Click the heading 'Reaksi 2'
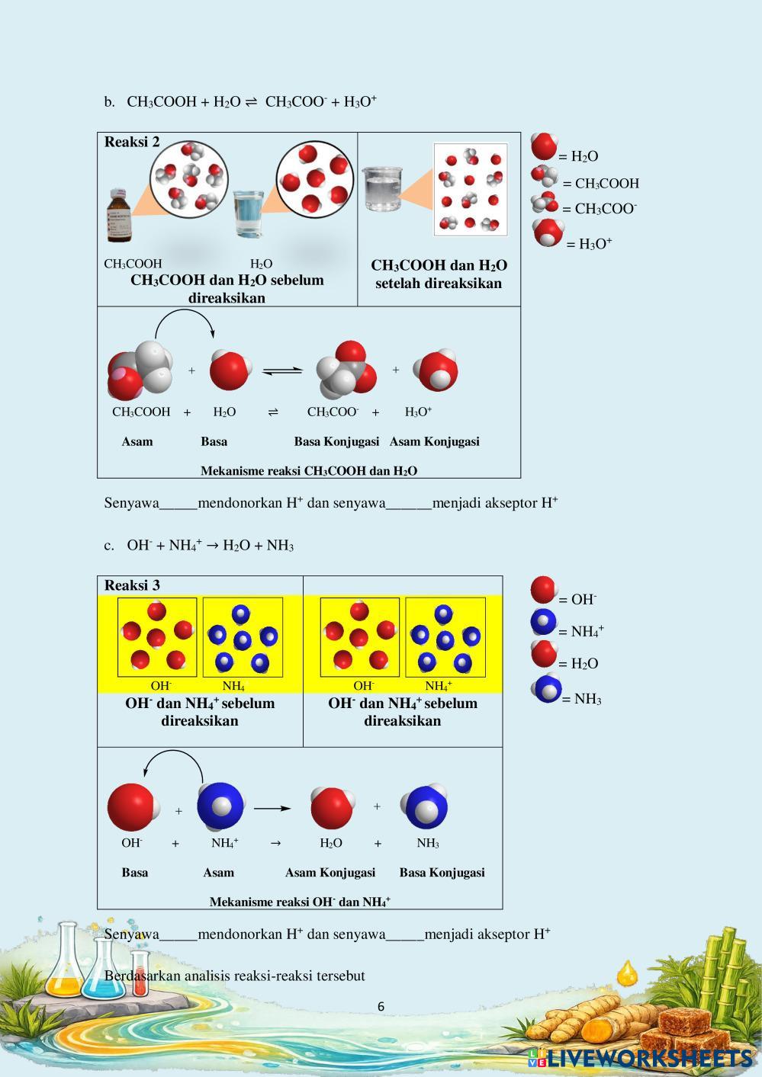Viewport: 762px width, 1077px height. pyautogui.click(x=132, y=142)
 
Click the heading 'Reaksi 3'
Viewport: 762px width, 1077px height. pyautogui.click(x=132, y=585)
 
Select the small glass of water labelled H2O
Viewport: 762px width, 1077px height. pyautogui.click(x=248, y=213)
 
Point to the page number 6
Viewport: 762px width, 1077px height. pyautogui.click(x=381, y=1006)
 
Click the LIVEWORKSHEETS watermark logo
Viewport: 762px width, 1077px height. pyautogui.click(x=640, y=1058)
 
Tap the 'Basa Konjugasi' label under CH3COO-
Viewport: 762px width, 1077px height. pyautogui.click(x=336, y=441)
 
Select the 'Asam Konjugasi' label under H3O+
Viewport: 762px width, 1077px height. pyautogui.click(x=434, y=441)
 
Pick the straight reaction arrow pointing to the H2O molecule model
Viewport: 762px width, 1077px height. pyautogui.click(x=272, y=809)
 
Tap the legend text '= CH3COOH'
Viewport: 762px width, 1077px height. pyautogui.click(x=601, y=184)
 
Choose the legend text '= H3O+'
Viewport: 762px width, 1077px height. pyautogui.click(x=589, y=244)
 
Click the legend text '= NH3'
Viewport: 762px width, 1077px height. pyautogui.click(x=581, y=699)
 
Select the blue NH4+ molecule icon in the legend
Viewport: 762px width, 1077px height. pyautogui.click(x=544, y=622)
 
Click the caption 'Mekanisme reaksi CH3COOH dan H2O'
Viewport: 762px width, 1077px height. pyautogui.click(x=309, y=471)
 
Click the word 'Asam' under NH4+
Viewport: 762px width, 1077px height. pyautogui.click(x=218, y=873)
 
